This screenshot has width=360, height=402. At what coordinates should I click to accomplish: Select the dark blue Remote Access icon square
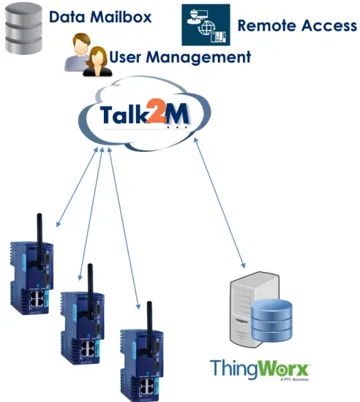(205, 25)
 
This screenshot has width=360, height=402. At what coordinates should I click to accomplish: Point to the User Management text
(179, 57)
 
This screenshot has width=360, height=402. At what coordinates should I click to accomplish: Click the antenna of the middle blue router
(89, 278)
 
